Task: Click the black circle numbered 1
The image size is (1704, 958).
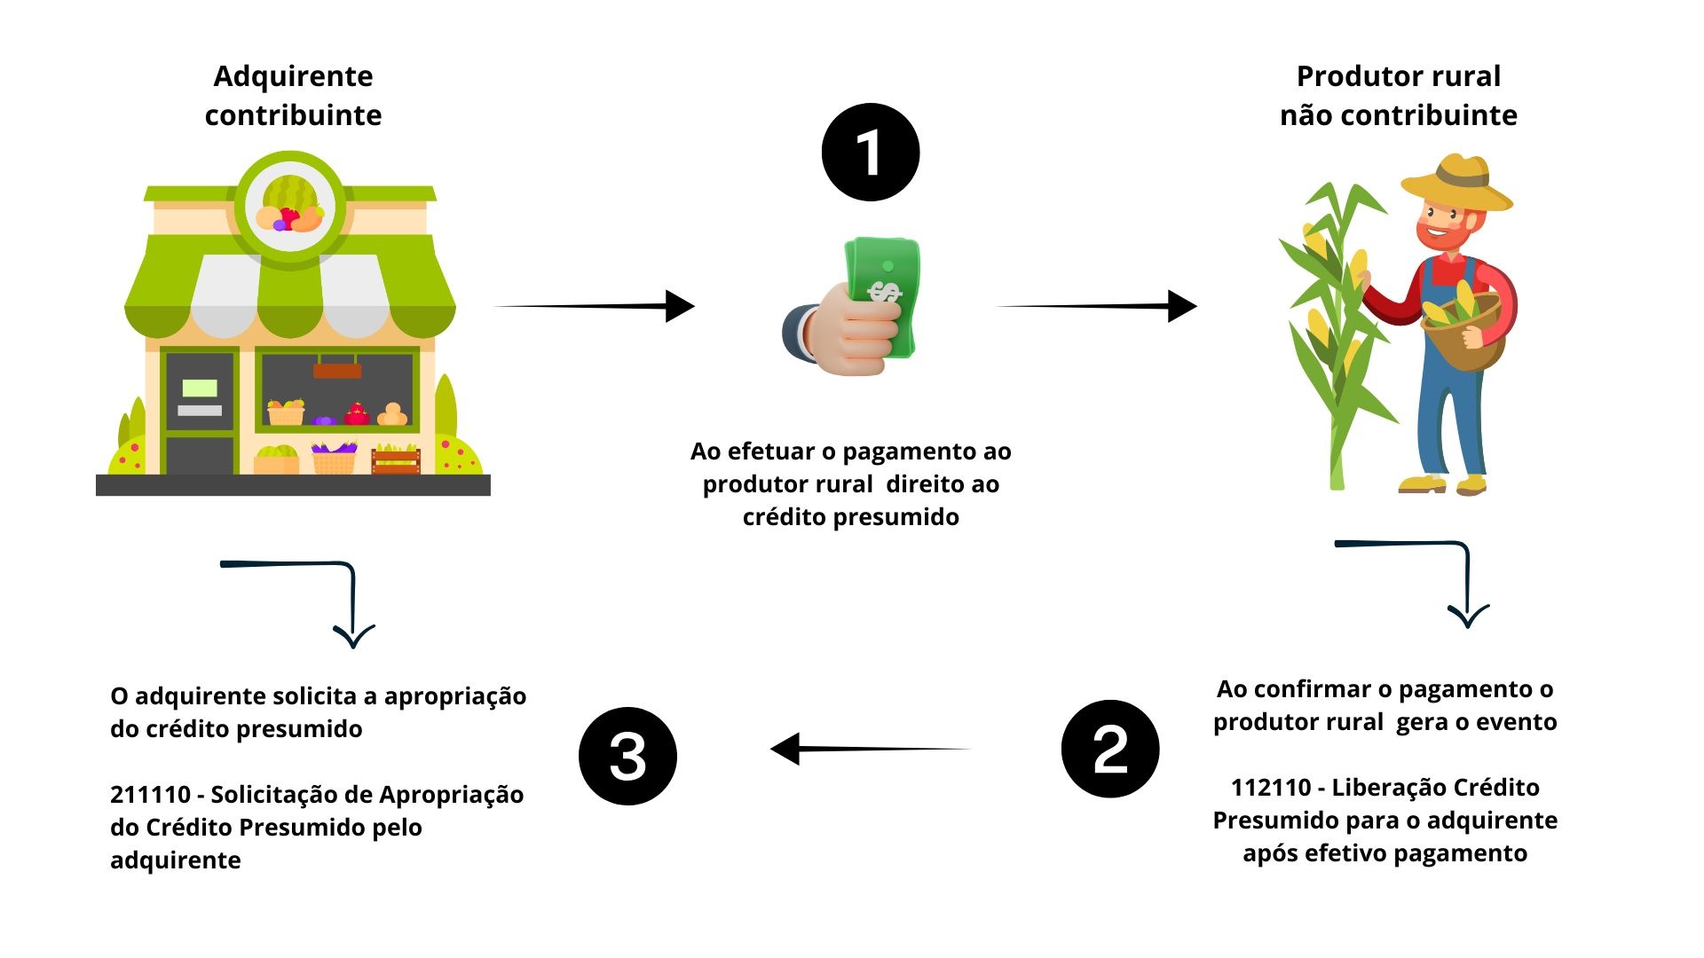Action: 870,153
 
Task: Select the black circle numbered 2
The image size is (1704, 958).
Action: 1109,749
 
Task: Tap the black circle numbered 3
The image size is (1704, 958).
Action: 627,756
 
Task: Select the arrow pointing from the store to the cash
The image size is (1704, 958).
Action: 595,306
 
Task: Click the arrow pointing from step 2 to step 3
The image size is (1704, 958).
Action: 870,749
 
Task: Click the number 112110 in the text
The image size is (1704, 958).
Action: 1270,788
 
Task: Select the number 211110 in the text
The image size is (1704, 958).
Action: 150,795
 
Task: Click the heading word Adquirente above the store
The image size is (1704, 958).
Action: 293,76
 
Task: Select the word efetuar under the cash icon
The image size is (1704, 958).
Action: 769,452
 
